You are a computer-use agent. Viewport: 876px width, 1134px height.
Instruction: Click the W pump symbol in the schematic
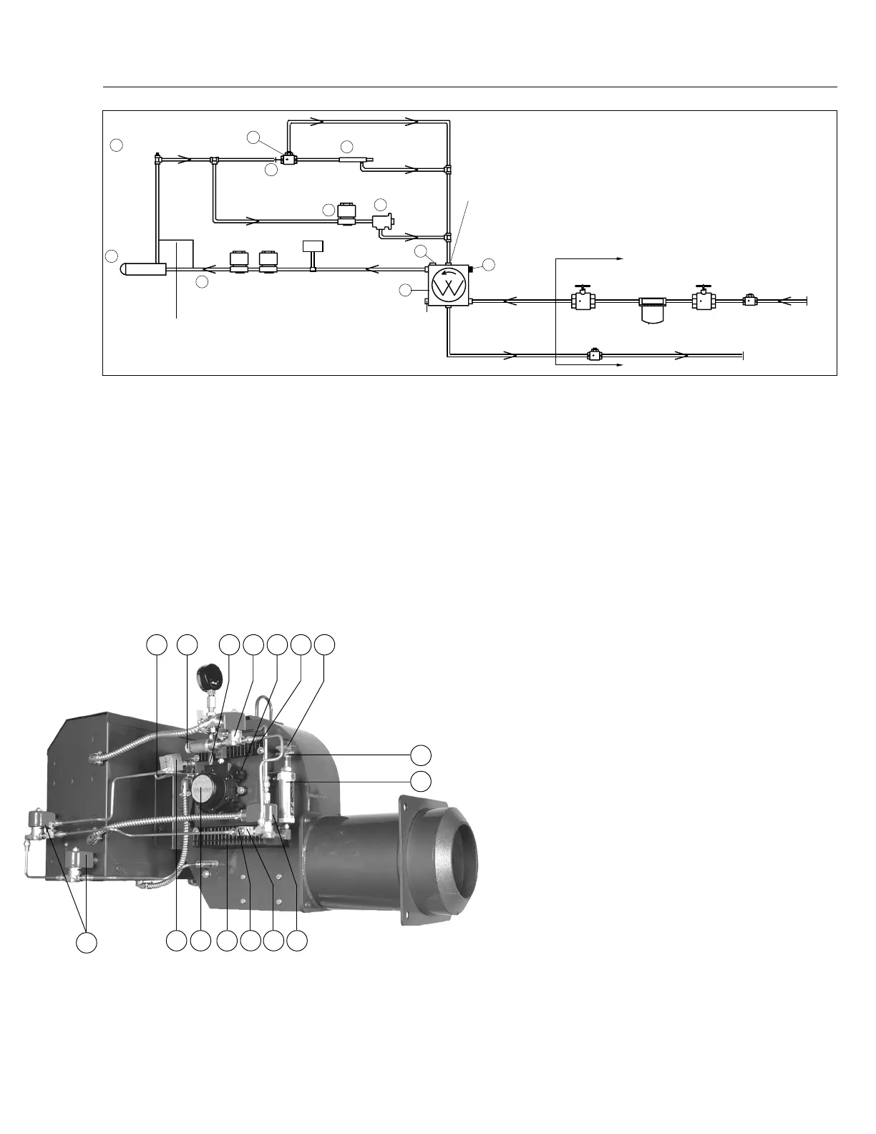pyautogui.click(x=449, y=289)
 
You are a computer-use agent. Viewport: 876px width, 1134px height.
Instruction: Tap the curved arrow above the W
pyautogui.click(x=447, y=273)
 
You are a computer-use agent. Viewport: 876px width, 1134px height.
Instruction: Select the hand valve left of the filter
pyautogui.click(x=584, y=300)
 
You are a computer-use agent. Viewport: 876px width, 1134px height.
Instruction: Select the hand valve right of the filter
pyautogui.click(x=704, y=300)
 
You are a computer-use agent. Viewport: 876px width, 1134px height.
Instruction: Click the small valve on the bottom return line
pyautogui.click(x=593, y=354)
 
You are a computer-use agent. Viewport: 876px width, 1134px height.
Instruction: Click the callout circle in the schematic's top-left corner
pyautogui.click(x=117, y=145)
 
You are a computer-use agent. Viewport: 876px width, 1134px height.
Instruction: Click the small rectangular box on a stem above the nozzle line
pyautogui.click(x=313, y=246)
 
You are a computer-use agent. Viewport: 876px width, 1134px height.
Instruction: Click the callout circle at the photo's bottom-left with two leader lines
pyautogui.click(x=87, y=941)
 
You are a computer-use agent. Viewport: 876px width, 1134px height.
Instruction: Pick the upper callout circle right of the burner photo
pyautogui.click(x=422, y=755)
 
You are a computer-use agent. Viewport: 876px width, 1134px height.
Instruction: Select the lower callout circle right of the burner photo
pyautogui.click(x=422, y=780)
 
